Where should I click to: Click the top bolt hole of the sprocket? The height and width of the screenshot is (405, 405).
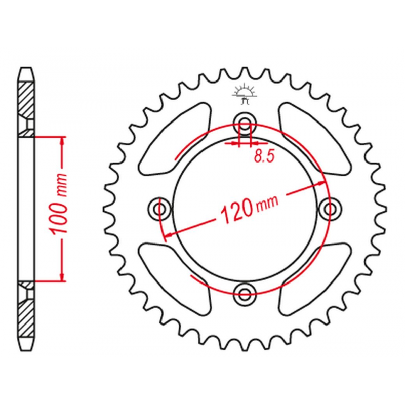click(x=245, y=123)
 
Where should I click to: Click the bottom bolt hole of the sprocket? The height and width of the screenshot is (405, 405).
click(x=245, y=294)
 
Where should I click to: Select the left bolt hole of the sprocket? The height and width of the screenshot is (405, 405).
click(x=160, y=209)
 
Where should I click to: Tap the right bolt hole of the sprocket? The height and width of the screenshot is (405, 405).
click(x=330, y=209)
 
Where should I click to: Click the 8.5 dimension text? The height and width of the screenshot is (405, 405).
click(x=264, y=156)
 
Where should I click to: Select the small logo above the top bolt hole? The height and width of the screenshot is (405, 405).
click(x=245, y=94)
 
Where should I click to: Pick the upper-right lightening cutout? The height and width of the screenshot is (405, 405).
click(x=315, y=138)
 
